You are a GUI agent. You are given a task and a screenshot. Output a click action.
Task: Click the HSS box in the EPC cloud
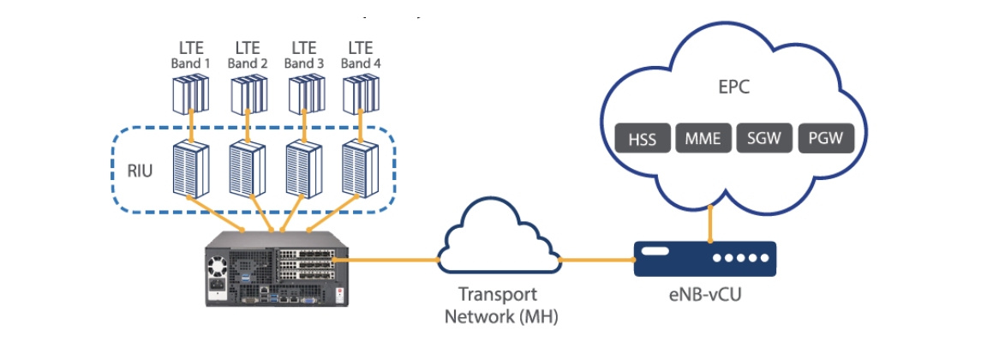(x=642, y=139)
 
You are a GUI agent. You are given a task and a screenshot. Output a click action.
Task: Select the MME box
(x=702, y=139)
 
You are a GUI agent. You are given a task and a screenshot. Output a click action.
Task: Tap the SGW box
(x=763, y=139)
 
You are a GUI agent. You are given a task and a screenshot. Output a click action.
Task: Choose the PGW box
(x=824, y=139)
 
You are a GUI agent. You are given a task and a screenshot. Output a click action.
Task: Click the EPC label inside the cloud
(x=733, y=87)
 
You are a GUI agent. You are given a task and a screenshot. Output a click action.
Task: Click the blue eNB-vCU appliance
(x=704, y=258)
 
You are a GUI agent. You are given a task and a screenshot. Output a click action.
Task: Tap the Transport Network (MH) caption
(x=498, y=306)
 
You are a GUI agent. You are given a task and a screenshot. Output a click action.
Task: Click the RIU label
(x=140, y=170)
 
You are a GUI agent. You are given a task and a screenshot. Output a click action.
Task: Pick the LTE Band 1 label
(x=190, y=55)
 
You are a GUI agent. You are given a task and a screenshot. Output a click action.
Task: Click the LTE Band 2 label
(x=247, y=55)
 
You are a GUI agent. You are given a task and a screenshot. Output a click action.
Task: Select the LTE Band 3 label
(x=304, y=55)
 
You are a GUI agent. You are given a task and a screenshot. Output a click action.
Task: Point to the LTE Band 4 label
(x=361, y=55)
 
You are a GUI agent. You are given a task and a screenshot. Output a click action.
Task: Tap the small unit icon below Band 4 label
(x=361, y=94)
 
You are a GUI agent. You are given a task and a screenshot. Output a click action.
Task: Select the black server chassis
(x=276, y=269)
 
